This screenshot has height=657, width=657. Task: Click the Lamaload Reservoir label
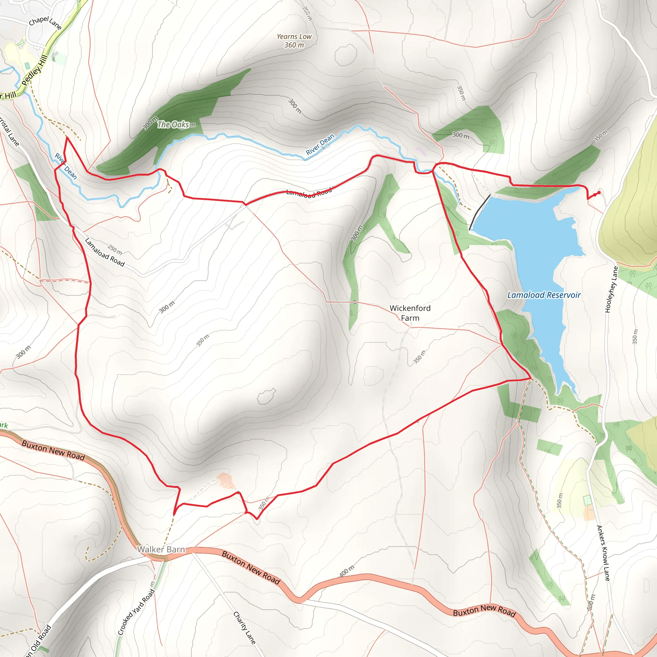pyautogui.click(x=544, y=295)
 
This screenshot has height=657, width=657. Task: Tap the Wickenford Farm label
pyautogui.click(x=410, y=313)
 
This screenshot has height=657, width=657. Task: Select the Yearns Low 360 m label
pyautogui.click(x=294, y=41)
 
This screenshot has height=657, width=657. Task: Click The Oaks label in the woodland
pyautogui.click(x=173, y=124)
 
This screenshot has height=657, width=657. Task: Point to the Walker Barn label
pyautogui.click(x=161, y=550)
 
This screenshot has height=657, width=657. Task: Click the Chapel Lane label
pyautogui.click(x=45, y=23)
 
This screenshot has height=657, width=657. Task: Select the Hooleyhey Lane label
pyautogui.click(x=611, y=289)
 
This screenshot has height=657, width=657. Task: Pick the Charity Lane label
pyautogui.click(x=244, y=628)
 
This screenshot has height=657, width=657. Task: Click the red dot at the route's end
pyautogui.click(x=599, y=192)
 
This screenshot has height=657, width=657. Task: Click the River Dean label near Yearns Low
pyautogui.click(x=320, y=145)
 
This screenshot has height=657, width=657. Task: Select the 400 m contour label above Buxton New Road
pyautogui.click(x=347, y=571)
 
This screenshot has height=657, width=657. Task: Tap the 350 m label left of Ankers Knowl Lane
pyautogui.click(x=560, y=500)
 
